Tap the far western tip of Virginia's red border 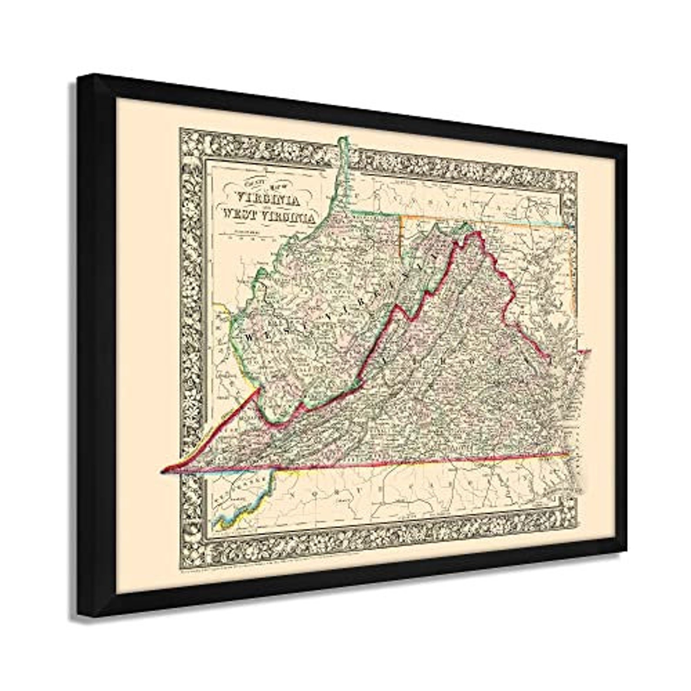pos(164,470)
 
